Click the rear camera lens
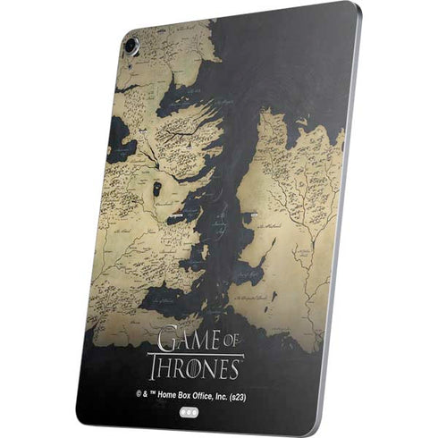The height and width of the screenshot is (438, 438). pyautogui.click(x=131, y=43)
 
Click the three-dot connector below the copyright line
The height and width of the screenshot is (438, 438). pyautogui.click(x=189, y=414)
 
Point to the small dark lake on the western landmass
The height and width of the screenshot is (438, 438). pyautogui.click(x=157, y=189)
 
